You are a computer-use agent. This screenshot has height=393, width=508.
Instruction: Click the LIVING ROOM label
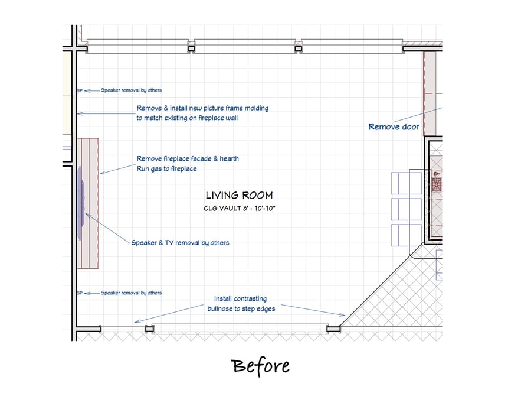coord(240,195)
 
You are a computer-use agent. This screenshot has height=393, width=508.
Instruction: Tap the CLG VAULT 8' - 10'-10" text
coord(240,209)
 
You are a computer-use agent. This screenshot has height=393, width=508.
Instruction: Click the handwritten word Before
coord(260,366)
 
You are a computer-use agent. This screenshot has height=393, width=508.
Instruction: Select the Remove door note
coord(394,126)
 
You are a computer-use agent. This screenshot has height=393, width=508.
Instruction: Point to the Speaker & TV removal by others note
coord(180,243)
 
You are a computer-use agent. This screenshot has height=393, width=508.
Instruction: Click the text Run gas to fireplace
coord(166,169)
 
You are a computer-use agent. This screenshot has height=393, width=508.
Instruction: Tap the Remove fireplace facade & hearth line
coord(188,159)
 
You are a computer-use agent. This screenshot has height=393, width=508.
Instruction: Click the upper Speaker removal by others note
coord(131,90)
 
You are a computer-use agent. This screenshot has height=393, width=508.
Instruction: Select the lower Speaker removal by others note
coord(131,293)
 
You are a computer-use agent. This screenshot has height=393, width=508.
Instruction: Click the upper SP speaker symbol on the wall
coord(80,90)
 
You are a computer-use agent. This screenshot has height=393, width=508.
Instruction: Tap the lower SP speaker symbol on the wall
coord(80,293)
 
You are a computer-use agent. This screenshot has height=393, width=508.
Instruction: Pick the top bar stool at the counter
coord(407,183)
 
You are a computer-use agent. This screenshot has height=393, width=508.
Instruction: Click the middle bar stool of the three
coord(407,209)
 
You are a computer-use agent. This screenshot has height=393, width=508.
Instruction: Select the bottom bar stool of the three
coord(407,235)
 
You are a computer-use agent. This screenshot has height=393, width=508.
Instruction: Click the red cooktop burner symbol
coord(437,184)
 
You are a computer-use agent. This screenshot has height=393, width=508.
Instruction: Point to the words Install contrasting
coord(240,298)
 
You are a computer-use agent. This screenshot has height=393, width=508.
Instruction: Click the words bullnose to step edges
coord(241,308)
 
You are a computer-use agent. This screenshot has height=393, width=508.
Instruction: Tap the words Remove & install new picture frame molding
coord(202,108)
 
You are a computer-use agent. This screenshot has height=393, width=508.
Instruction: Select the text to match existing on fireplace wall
coord(187,118)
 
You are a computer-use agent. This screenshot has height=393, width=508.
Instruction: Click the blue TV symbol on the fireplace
coord(81,203)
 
